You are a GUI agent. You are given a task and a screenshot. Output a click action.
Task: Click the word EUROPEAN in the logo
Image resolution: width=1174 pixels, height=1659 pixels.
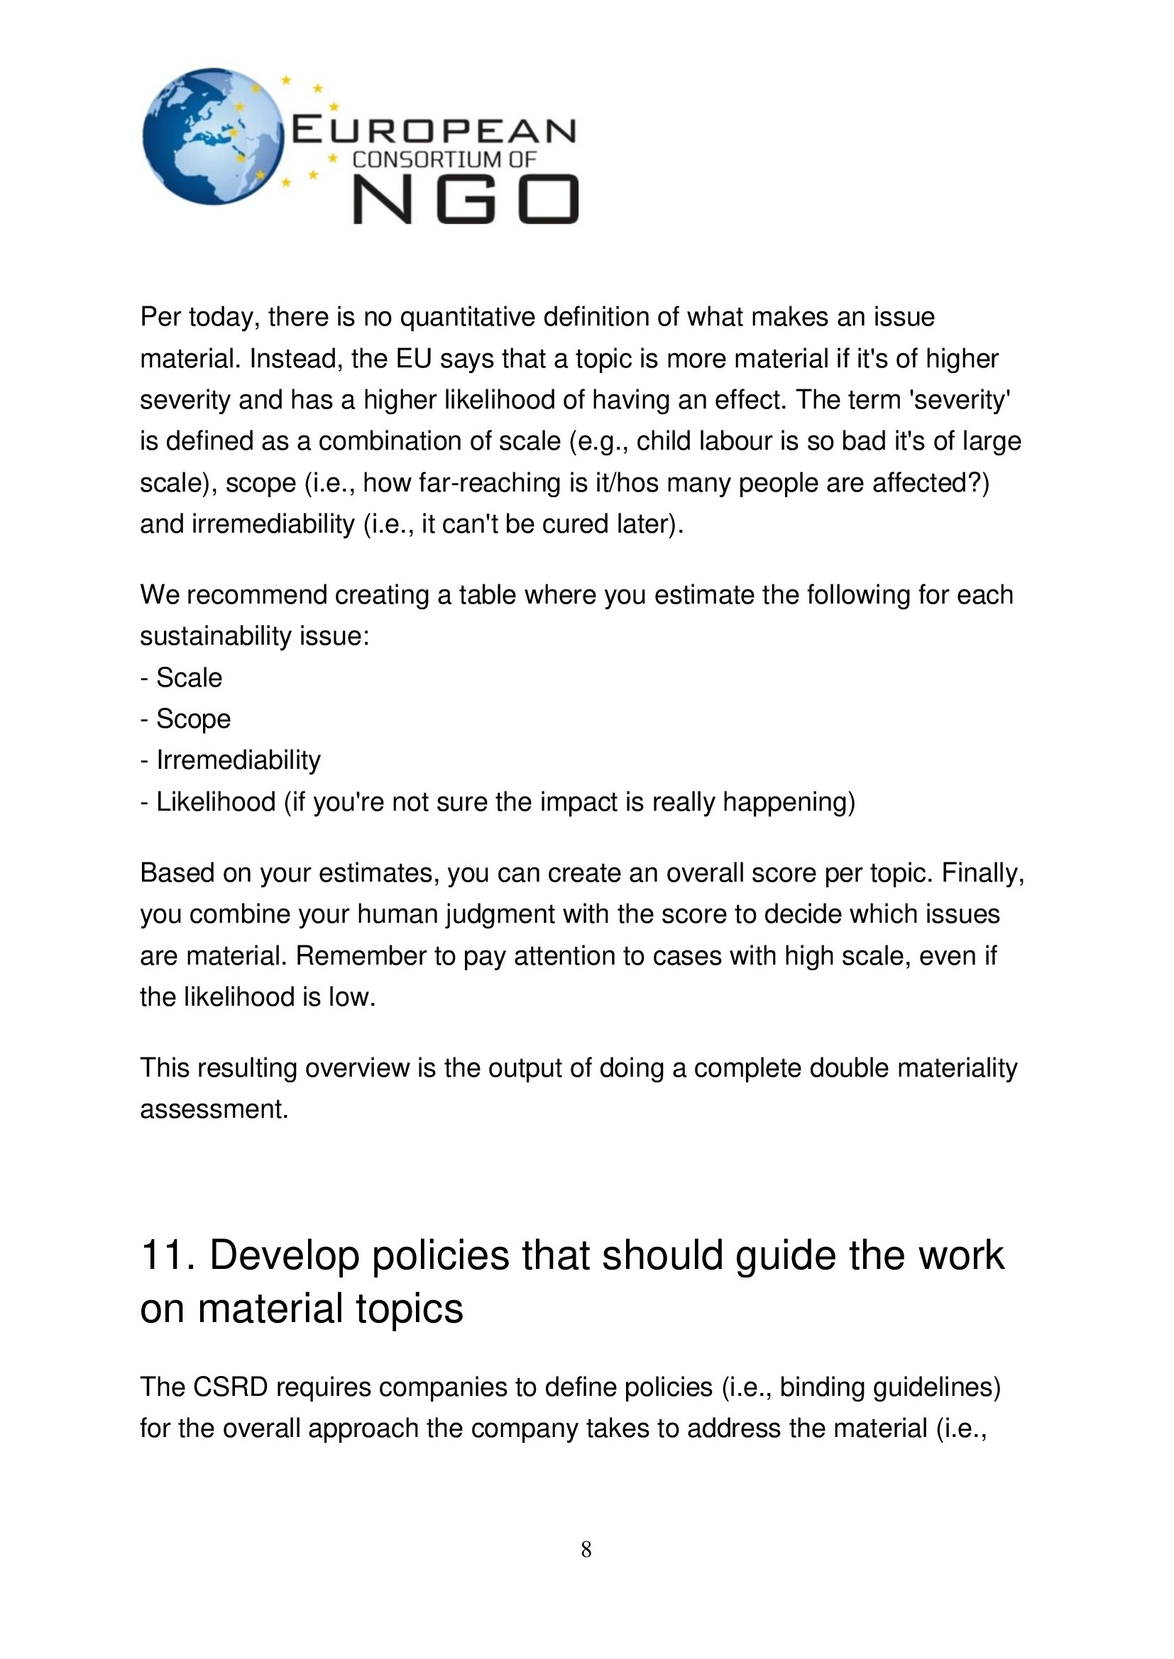pyautogui.click(x=433, y=131)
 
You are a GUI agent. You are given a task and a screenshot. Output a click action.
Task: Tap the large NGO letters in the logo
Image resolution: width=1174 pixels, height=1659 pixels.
pyautogui.click(x=466, y=199)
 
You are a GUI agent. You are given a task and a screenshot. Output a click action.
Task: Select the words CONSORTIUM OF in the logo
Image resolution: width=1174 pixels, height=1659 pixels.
pyautogui.click(x=444, y=160)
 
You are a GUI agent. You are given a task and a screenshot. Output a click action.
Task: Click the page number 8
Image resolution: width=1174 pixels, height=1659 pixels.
pyautogui.click(x=586, y=1549)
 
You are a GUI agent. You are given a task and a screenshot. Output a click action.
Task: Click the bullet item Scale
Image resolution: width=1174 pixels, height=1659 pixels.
pyautogui.click(x=189, y=678)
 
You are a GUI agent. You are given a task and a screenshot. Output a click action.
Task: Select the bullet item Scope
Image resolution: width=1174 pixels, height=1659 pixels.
pyautogui.click(x=193, y=719)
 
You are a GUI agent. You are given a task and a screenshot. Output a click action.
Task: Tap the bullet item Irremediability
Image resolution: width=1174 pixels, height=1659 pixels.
pyautogui.click(x=238, y=760)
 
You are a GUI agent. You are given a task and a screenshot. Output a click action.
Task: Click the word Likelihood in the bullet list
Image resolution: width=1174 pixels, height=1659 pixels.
pyautogui.click(x=216, y=802)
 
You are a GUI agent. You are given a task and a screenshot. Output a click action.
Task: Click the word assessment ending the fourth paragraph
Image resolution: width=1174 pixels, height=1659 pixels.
pyautogui.click(x=213, y=1109)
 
